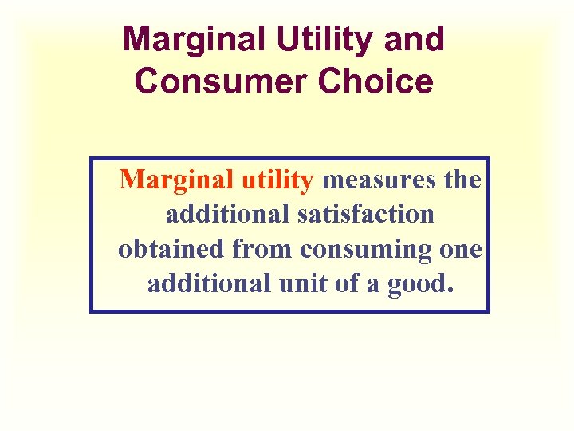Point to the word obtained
(x=171, y=250)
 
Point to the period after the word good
(x=449, y=291)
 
